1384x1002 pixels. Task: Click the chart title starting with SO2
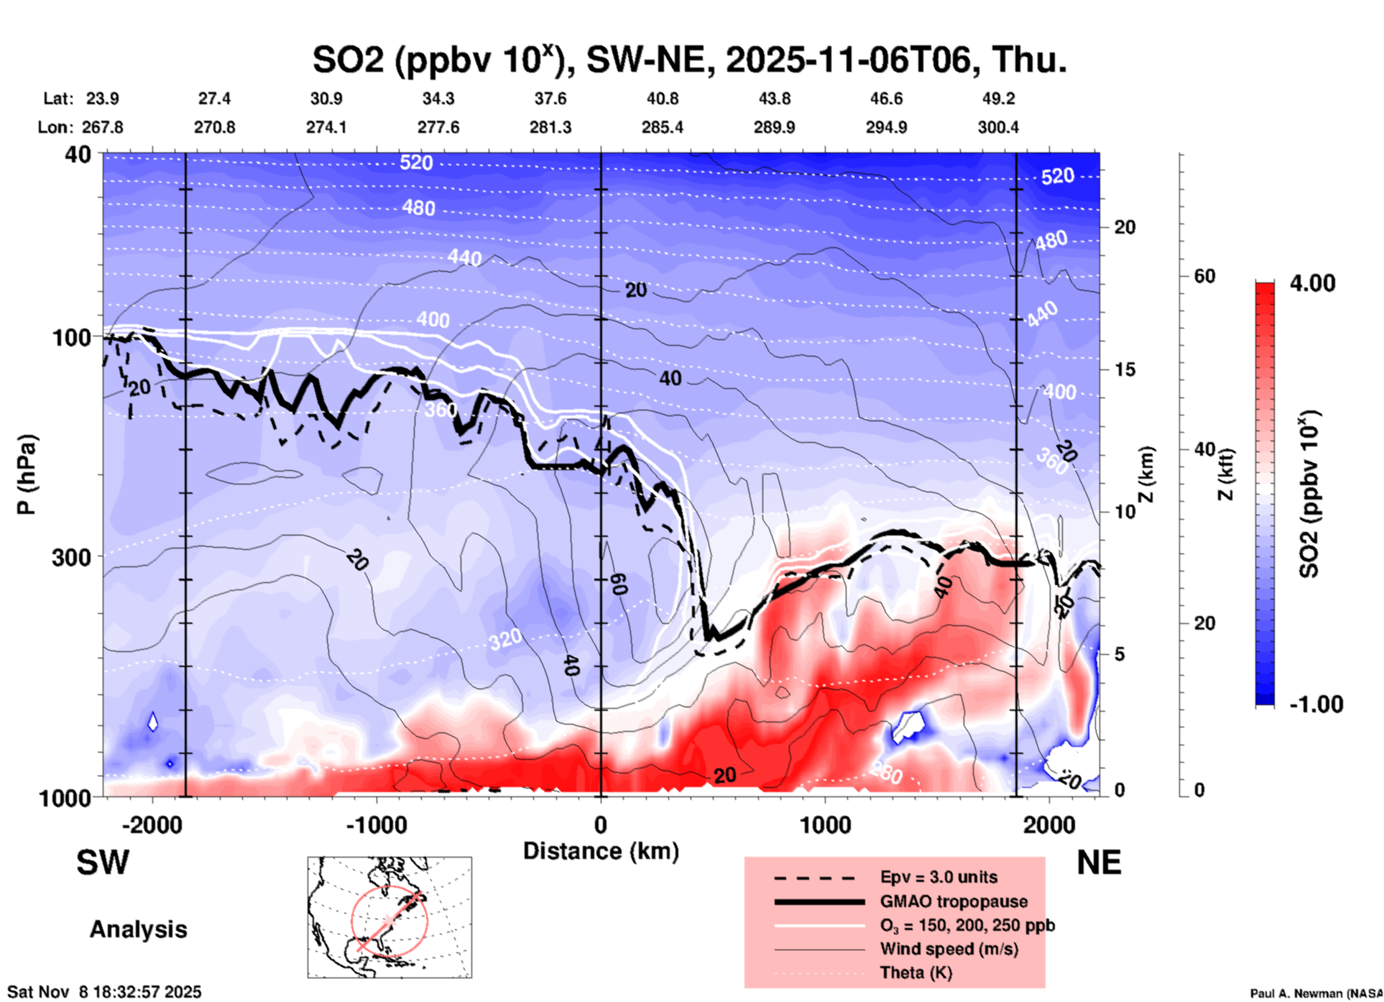[689, 59]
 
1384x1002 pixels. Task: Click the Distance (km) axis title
[601, 851]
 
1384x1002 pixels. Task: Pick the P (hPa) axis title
[27, 474]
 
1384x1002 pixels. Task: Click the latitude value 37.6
[550, 98]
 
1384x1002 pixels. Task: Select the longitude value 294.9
[886, 127]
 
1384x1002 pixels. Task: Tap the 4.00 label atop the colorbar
[1312, 283]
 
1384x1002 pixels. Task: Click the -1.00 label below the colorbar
[1316, 704]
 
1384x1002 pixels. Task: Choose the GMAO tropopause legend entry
[954, 901]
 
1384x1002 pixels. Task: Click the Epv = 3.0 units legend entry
[938, 877]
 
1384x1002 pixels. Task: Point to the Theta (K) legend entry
[915, 973]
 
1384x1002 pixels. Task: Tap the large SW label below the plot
[103, 863]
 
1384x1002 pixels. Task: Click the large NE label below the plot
[1099, 863]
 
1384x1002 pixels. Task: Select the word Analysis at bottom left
[138, 929]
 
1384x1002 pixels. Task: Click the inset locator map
[389, 917]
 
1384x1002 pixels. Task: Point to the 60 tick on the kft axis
[1204, 276]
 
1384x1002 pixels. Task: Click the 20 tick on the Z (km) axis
[1125, 227]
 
